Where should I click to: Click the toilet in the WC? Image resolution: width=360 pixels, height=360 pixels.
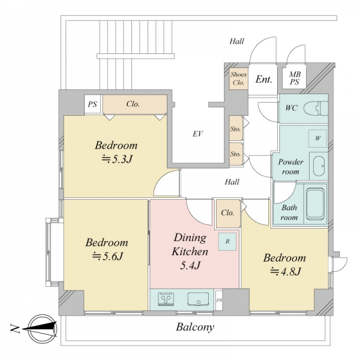(316, 108)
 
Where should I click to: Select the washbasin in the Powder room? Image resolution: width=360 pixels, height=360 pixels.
(319, 166)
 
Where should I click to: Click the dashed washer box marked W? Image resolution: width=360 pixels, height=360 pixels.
(318, 138)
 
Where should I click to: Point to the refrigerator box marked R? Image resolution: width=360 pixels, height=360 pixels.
(227, 242)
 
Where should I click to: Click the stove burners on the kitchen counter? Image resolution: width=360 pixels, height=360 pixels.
(166, 299)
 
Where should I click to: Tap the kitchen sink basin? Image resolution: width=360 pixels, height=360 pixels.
(199, 299)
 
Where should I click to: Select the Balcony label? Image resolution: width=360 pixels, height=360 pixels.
(195, 327)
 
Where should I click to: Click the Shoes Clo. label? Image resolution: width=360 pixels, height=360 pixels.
(239, 78)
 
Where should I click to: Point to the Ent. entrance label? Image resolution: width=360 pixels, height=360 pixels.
(264, 79)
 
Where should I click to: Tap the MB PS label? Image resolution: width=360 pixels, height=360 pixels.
(295, 78)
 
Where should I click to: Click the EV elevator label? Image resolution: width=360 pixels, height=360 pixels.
(197, 134)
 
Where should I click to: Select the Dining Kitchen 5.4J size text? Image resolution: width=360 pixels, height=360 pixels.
(190, 265)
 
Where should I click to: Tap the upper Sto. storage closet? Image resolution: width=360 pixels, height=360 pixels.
(236, 128)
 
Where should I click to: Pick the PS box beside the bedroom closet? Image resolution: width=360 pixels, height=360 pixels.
(92, 104)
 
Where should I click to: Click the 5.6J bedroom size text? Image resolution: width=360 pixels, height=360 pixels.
(107, 256)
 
